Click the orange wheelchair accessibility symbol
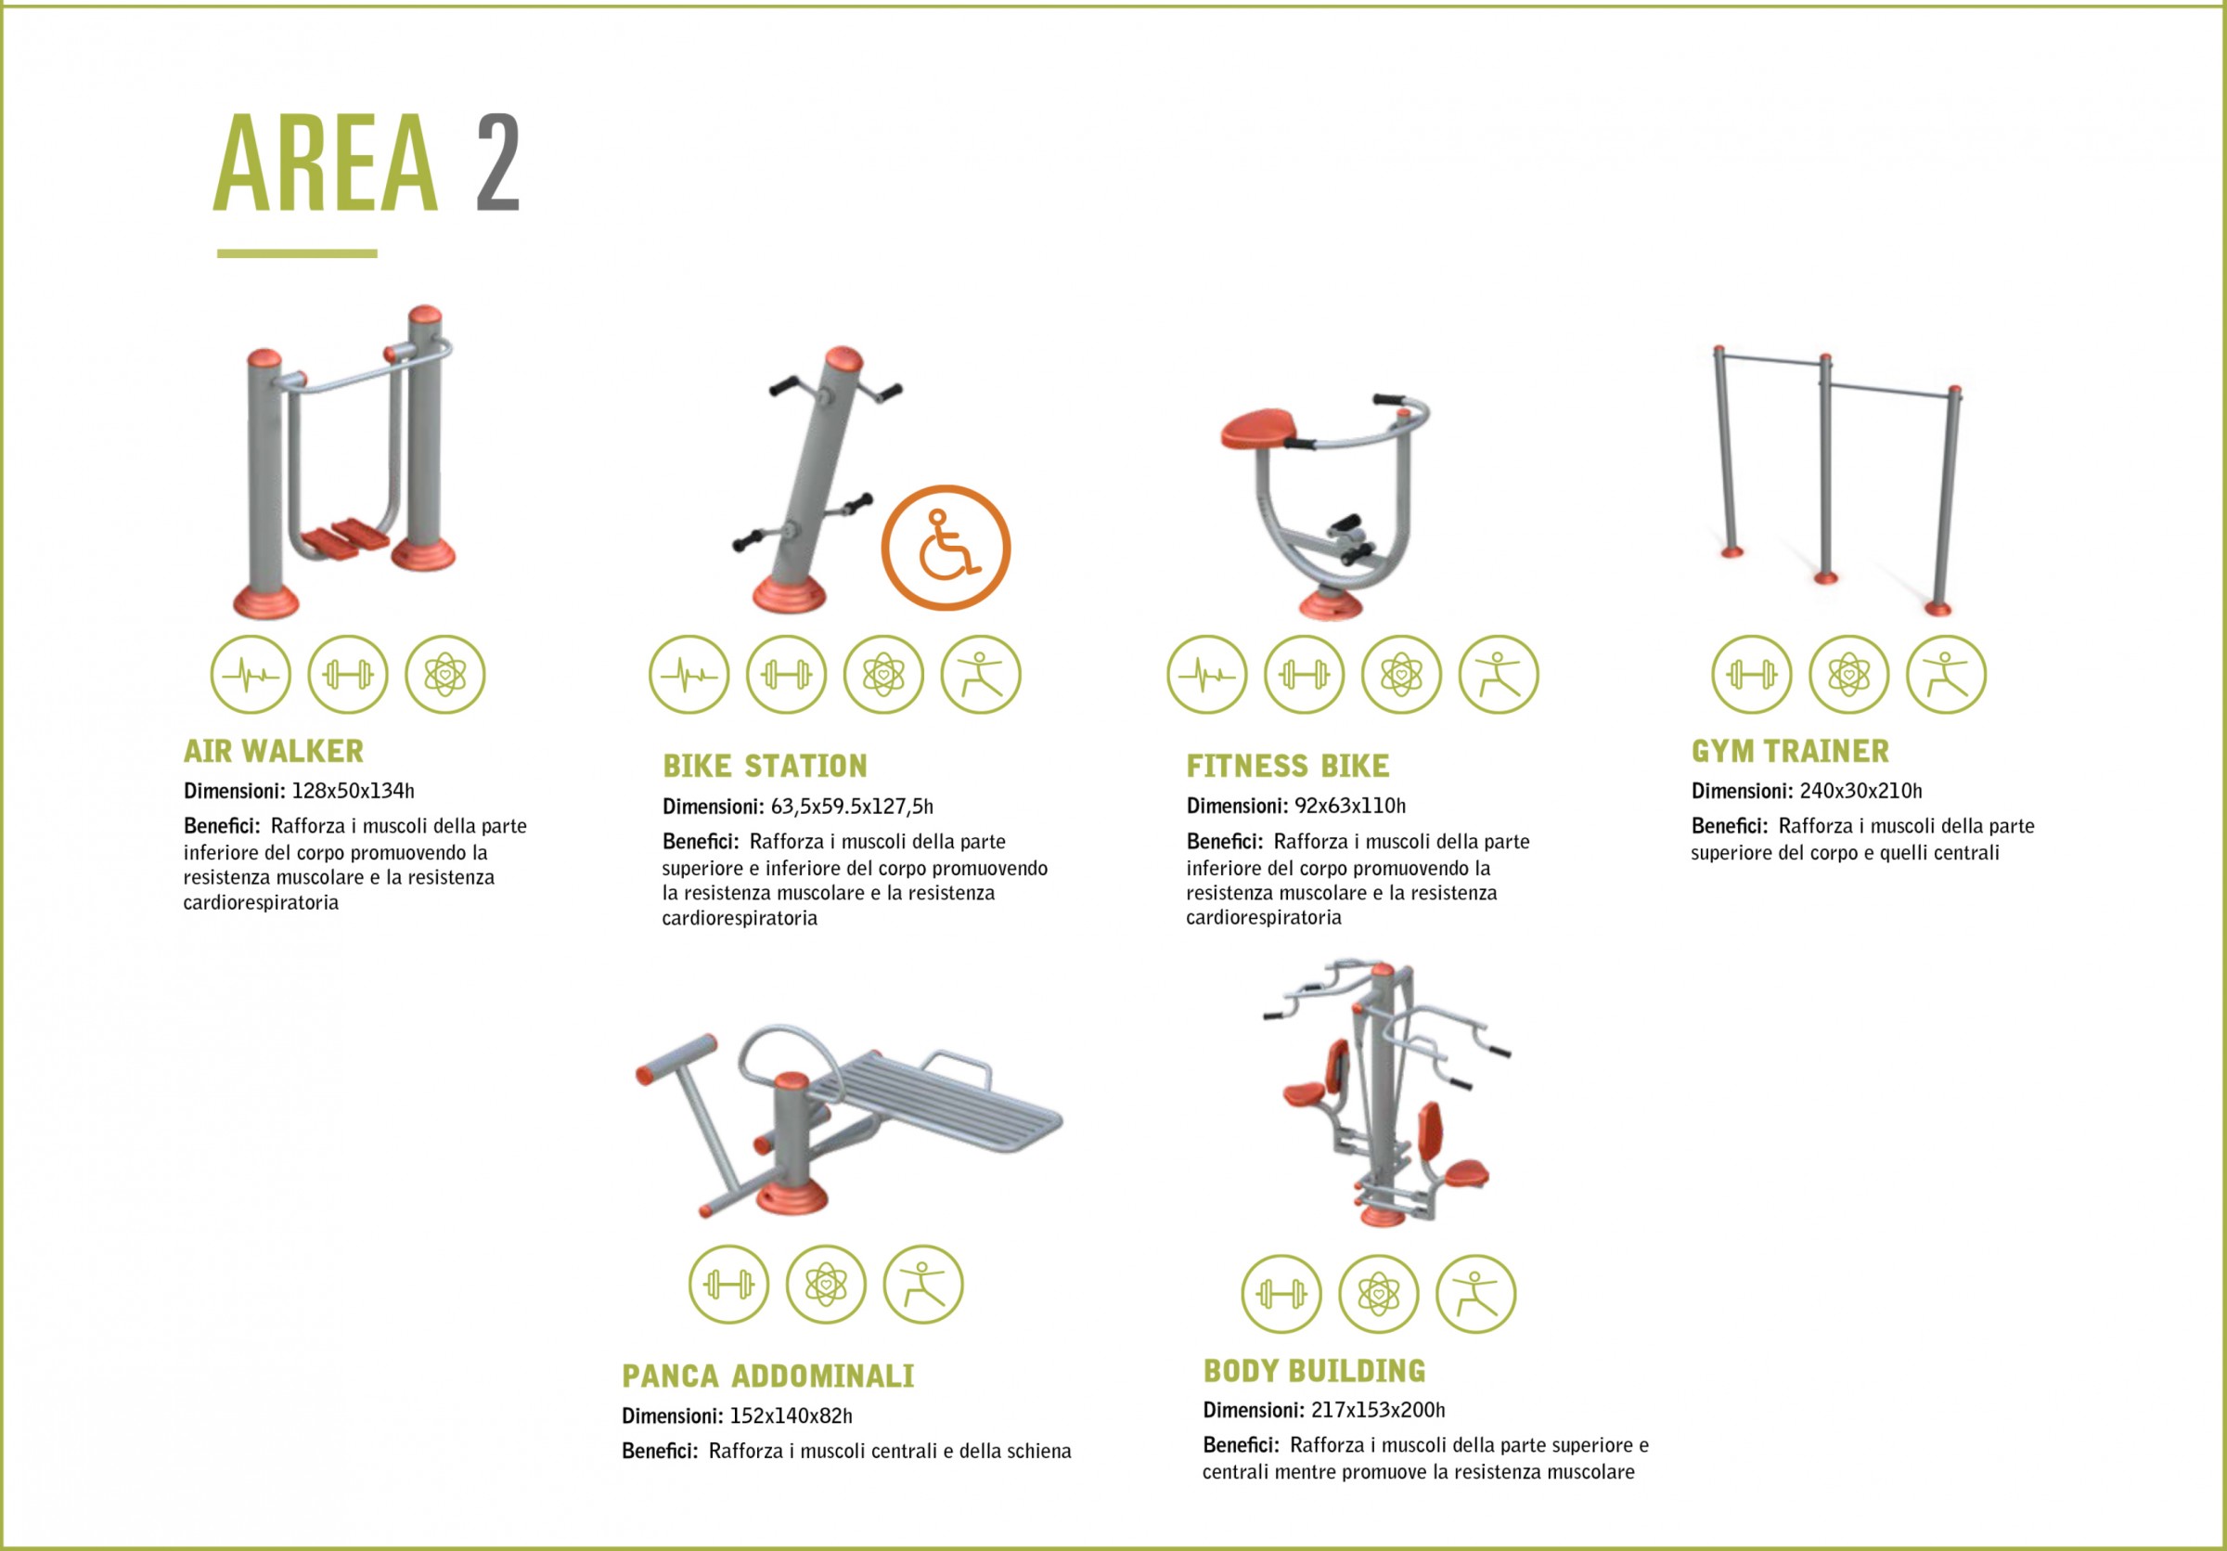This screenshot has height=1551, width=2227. click(946, 547)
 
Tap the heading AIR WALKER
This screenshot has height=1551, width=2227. click(274, 751)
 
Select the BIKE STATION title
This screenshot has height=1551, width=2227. click(765, 767)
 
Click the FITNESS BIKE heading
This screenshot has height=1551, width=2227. click(1287, 767)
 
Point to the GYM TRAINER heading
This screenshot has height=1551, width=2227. click(1790, 751)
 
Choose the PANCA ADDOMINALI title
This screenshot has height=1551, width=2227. click(767, 1376)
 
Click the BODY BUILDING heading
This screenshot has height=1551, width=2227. click(1314, 1371)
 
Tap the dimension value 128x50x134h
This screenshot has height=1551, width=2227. click(353, 791)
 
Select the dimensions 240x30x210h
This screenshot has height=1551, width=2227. click(1860, 791)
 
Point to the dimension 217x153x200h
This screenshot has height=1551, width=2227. click(1377, 1409)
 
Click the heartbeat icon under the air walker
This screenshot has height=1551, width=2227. click(251, 674)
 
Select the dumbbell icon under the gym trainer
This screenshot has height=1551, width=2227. click(1752, 674)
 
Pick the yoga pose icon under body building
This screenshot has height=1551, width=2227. click(1475, 1293)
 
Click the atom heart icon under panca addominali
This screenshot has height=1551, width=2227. click(826, 1285)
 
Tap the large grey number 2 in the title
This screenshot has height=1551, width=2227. click(498, 162)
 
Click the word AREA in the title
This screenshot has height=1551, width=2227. click(326, 162)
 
